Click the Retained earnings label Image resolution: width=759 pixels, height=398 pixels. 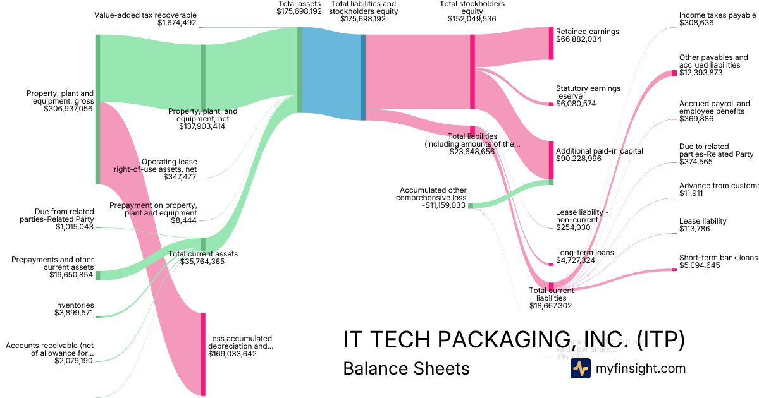click(x=587, y=32)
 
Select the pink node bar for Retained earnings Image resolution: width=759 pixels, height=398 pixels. click(x=551, y=44)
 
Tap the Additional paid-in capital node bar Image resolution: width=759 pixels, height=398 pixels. click(x=551, y=159)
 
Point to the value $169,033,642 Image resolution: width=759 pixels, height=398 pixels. click(x=232, y=354)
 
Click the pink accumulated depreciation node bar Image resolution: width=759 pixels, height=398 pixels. click(x=203, y=354)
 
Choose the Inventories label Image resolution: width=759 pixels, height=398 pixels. click(x=75, y=305)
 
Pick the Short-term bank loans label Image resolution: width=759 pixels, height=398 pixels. click(x=718, y=258)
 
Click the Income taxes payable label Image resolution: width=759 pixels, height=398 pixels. click(x=717, y=15)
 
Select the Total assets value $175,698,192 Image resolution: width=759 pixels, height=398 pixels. click(x=299, y=11)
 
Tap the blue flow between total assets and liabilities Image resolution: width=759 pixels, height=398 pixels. click(x=331, y=76)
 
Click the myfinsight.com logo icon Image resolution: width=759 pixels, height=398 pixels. click(x=580, y=368)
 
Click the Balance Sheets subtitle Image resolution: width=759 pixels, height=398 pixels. click(x=406, y=368)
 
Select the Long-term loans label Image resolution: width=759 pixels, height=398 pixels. click(x=584, y=253)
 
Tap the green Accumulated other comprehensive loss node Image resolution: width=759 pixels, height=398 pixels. click(x=471, y=205)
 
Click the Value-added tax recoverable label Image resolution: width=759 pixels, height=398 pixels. click(x=145, y=15)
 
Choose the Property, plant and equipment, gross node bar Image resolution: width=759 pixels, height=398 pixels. click(x=98, y=109)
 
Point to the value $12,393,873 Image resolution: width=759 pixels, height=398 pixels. click(x=701, y=73)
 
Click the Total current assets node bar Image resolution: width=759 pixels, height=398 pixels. click(x=203, y=244)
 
